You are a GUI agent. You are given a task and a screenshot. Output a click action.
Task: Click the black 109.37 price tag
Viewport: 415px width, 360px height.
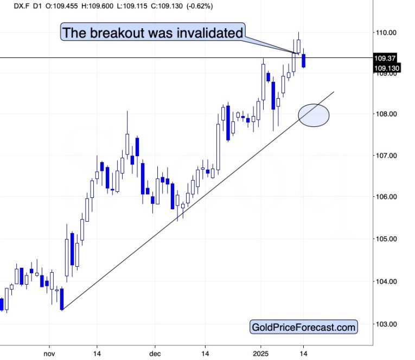(x=387, y=57)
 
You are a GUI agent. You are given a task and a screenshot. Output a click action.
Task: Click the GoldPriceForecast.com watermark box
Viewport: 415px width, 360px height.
(x=304, y=327)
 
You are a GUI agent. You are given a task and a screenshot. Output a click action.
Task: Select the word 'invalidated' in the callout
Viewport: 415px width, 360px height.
(x=208, y=33)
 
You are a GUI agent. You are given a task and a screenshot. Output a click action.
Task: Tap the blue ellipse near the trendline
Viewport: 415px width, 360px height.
(x=314, y=115)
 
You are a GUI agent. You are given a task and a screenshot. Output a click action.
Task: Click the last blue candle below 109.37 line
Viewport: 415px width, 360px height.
(x=304, y=61)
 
